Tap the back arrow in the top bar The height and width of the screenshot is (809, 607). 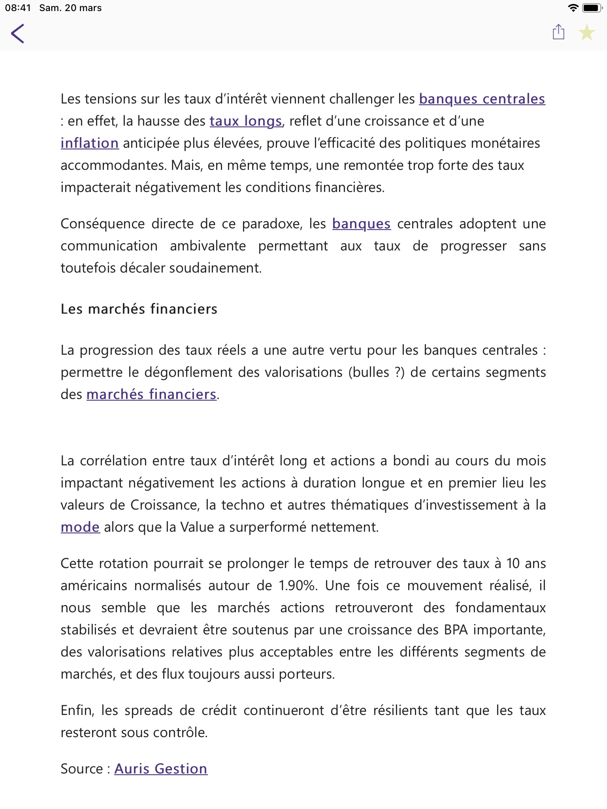coord(18,33)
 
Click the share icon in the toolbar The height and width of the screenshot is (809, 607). coord(558,32)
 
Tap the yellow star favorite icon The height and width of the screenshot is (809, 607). coord(587,32)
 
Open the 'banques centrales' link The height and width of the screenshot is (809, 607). coord(482,99)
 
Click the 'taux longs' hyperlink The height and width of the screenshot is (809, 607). coord(245,121)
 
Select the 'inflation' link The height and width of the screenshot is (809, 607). coord(90,143)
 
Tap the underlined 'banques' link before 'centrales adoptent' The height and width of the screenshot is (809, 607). coord(361,224)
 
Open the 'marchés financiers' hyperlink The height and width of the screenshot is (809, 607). coord(151,394)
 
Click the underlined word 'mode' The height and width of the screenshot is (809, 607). coord(80,527)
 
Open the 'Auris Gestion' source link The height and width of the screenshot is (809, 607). coord(161,769)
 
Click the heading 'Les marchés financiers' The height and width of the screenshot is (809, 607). coord(139,309)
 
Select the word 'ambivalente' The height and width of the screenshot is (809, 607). coord(208,246)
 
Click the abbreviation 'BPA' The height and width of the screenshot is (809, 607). coord(456,630)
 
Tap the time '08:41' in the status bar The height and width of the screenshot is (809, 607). coord(18,8)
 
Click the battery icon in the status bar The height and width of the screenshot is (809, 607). coord(593,8)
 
